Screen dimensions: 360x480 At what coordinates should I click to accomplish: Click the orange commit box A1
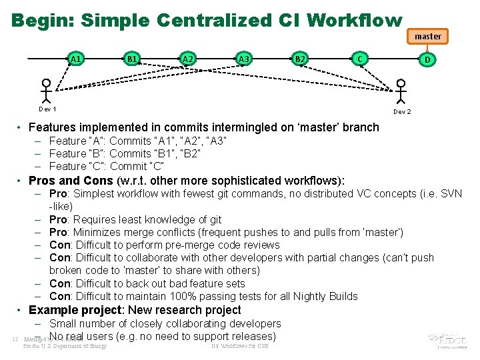(x=76, y=59)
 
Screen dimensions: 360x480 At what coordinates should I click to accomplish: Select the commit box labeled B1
(x=132, y=59)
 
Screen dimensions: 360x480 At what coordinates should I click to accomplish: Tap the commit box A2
(x=188, y=59)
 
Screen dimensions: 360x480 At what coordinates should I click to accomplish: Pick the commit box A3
(x=244, y=59)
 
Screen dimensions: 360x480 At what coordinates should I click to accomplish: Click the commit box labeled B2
(x=300, y=59)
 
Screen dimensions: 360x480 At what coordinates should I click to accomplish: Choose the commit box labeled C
(x=360, y=59)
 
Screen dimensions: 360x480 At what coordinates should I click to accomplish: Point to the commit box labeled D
(x=427, y=59)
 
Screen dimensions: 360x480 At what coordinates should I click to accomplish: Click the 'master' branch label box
(x=427, y=36)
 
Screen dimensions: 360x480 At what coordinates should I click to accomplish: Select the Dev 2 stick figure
(x=400, y=92)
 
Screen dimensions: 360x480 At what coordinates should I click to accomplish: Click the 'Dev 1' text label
(x=47, y=109)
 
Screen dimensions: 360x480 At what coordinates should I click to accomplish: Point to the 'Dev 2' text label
(x=402, y=112)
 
